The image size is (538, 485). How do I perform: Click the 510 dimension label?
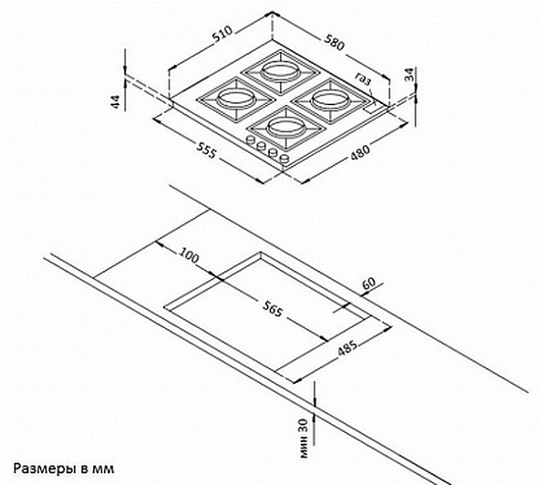coord(222,34)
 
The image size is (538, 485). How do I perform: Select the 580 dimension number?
coord(334,42)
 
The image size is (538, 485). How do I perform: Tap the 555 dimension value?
coord(207,150)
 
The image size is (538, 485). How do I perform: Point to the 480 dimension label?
coord(360,152)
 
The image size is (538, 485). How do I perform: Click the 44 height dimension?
coord(117,102)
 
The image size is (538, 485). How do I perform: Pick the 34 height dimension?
coord(409,75)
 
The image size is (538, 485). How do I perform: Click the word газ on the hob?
coord(363,79)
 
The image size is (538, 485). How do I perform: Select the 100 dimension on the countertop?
coord(189,255)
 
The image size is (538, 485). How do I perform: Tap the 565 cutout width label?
coord(274,309)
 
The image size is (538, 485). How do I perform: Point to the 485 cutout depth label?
coord(347,348)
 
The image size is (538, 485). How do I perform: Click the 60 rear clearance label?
coord(368,284)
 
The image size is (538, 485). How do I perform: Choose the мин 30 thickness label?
coord(305,439)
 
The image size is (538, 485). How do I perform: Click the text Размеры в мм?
coord(64,469)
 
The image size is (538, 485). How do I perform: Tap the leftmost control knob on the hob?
coord(251,140)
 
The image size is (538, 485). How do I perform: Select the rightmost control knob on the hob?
coord(285,158)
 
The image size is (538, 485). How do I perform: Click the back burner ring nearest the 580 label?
coord(278,72)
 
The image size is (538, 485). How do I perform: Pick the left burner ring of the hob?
coord(235,98)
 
